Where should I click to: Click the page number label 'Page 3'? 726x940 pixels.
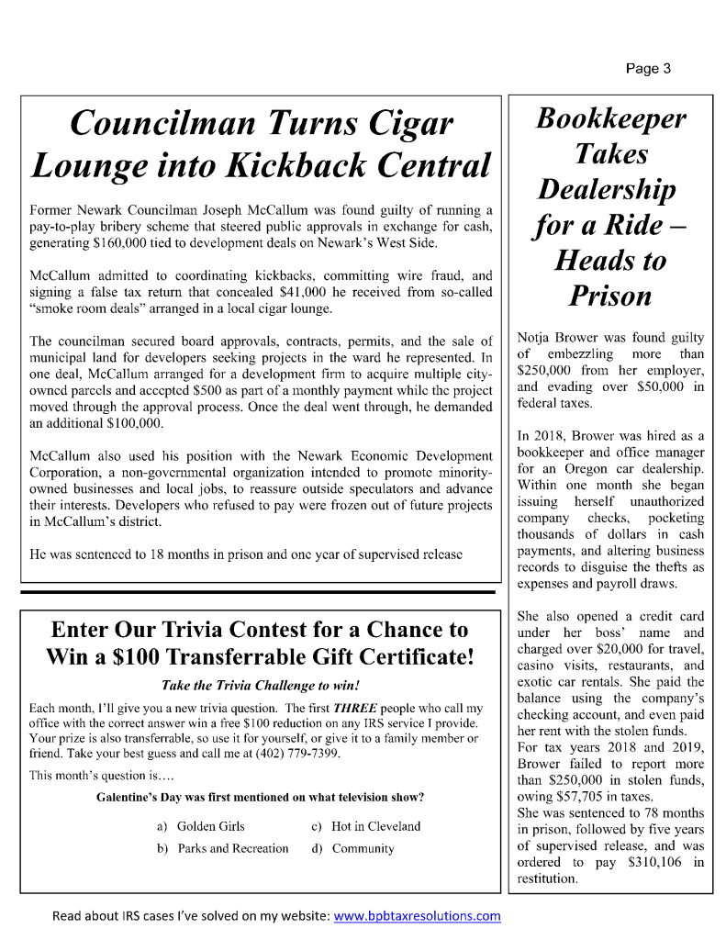pos(649,68)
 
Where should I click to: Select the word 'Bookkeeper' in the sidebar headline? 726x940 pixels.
pos(610,118)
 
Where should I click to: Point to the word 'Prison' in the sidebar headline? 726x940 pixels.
pos(610,295)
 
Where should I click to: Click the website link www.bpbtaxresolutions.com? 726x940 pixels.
pos(417,915)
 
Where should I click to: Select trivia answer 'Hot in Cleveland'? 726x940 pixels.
pos(375,826)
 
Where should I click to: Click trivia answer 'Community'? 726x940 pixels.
pos(363,848)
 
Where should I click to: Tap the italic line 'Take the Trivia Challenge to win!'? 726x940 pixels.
pos(259,685)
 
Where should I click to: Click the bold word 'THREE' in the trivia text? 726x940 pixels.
pos(353,709)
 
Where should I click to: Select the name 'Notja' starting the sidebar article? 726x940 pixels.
pos(537,339)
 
